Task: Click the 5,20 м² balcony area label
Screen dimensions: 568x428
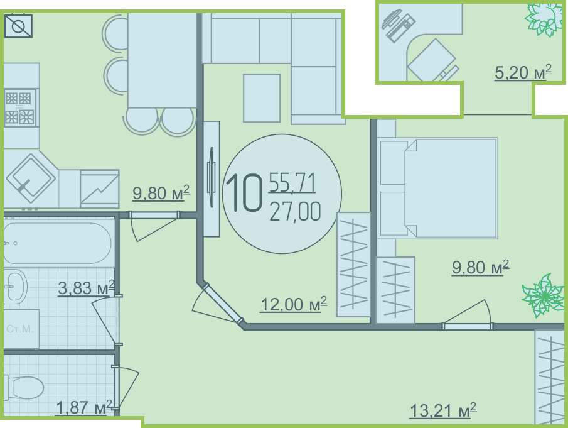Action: pos(523,72)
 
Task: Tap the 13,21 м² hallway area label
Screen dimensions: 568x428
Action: pos(442,410)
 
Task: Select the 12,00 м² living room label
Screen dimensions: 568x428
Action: pos(294,304)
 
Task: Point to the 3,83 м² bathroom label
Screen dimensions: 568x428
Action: pos(86,288)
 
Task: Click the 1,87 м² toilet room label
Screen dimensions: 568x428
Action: pos(84,408)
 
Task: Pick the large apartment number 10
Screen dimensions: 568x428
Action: pos(244,192)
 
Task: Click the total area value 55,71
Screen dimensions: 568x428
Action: pos(292,182)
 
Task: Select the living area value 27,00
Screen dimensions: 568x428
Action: pos(295,211)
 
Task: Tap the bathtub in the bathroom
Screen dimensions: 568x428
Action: pos(57,243)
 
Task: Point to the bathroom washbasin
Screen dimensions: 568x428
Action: pos(15,285)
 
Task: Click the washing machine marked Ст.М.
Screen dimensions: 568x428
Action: pos(21,329)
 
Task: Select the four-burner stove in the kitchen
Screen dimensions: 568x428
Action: pos(20,107)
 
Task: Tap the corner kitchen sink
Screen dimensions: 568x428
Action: pos(31,178)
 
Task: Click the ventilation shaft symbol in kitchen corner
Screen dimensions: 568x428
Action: pos(18,26)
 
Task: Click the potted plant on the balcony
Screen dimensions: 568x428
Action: pos(544,19)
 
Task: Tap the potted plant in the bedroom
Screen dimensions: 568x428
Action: pos(543,296)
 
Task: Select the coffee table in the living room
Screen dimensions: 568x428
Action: pos(262,98)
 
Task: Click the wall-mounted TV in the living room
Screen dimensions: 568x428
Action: pos(211,177)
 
